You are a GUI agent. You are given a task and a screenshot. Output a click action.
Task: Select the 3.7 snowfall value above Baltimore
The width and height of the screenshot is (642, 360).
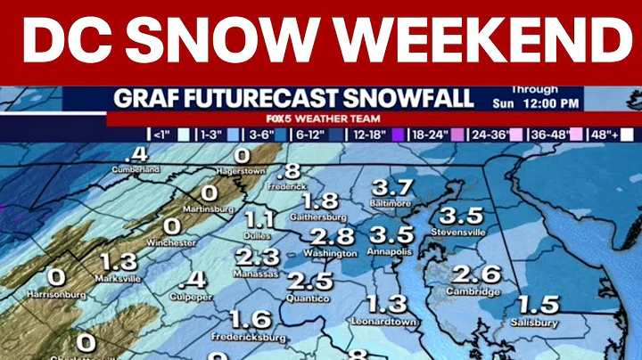[391, 188]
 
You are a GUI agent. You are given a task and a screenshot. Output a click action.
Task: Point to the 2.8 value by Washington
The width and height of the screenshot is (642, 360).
[333, 236]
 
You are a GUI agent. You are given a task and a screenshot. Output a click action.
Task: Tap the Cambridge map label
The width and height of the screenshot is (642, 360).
[474, 291]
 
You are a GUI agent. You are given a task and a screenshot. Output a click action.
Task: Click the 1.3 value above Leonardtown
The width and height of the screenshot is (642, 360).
[386, 303]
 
